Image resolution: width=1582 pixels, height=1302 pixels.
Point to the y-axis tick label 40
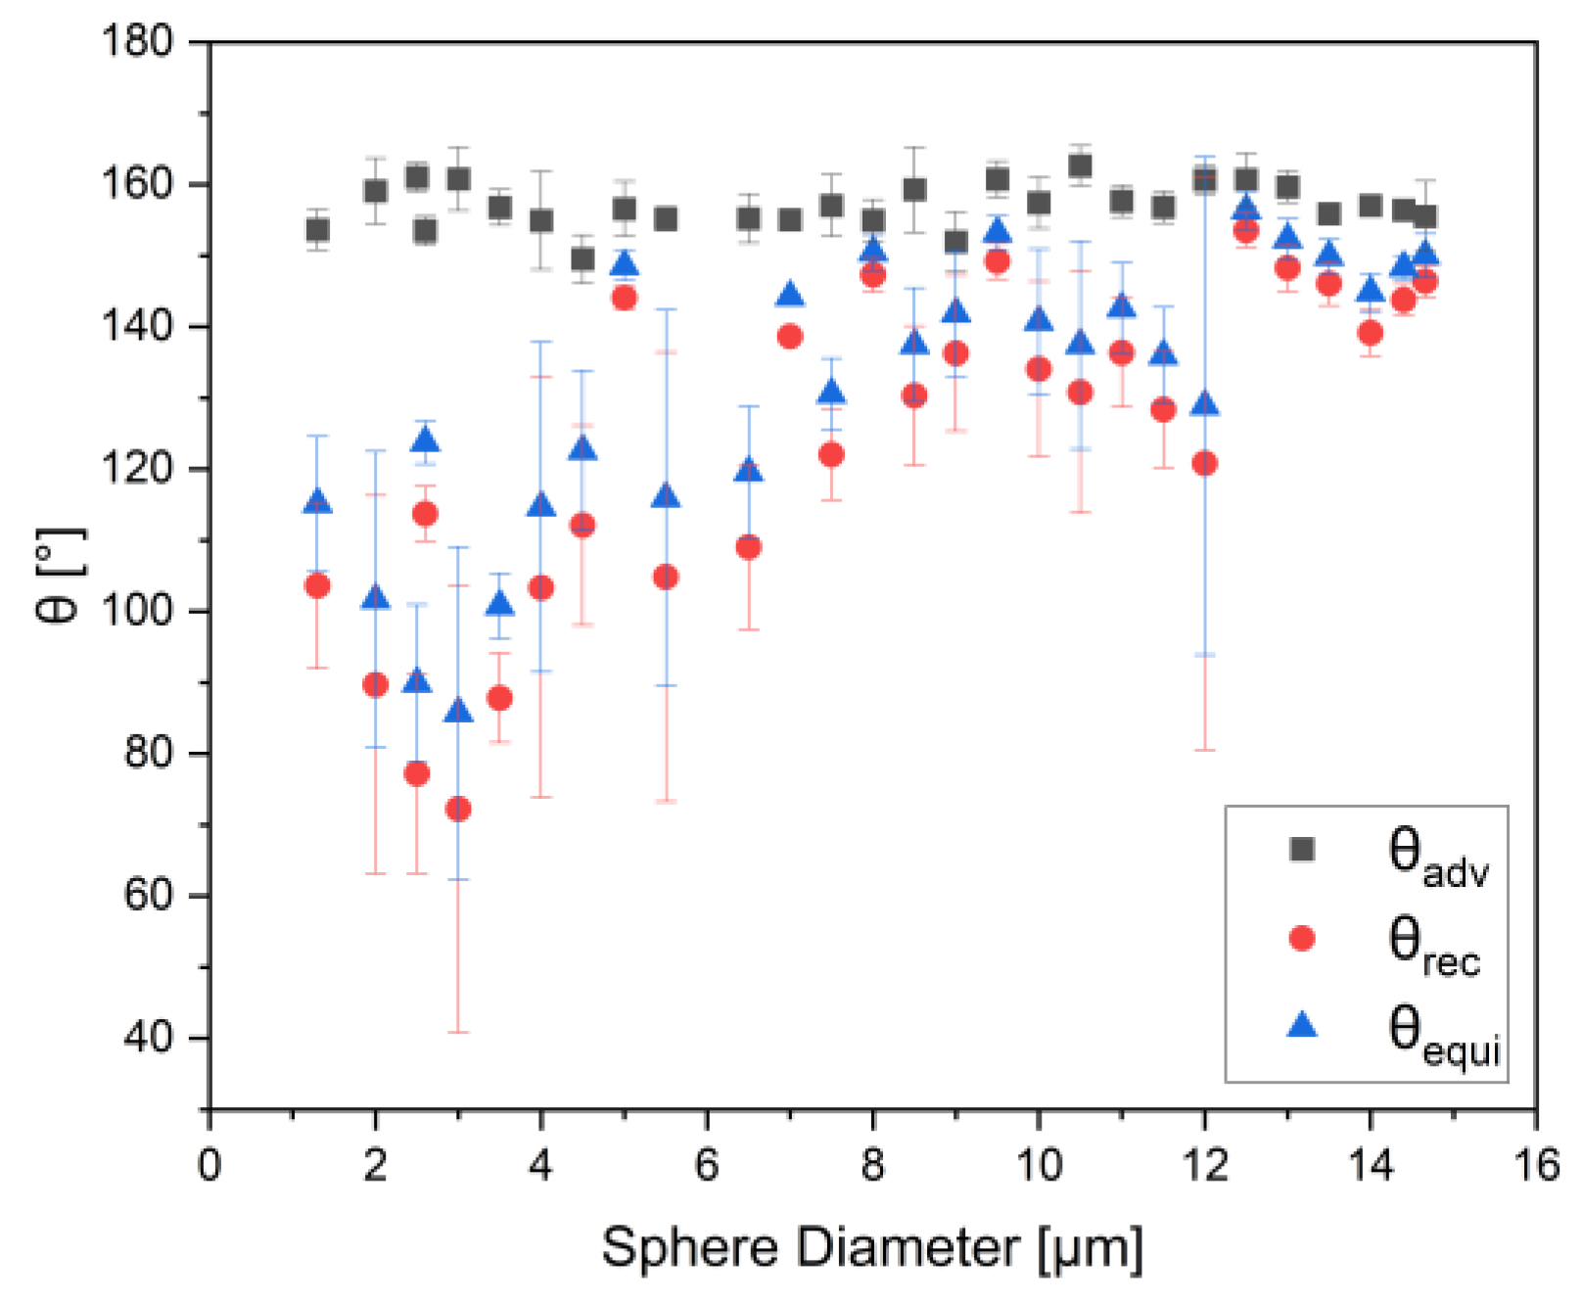click(x=148, y=1038)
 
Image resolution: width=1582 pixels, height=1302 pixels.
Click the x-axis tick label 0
click(x=209, y=1166)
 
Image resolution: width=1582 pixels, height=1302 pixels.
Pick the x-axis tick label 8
click(x=872, y=1166)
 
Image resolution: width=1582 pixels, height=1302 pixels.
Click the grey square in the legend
click(x=1302, y=849)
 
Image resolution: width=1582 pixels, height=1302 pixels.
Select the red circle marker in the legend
click(x=1302, y=938)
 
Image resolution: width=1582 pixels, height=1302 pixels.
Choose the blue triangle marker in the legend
click(x=1302, y=1025)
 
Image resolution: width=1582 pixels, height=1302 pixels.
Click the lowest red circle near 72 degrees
click(x=458, y=809)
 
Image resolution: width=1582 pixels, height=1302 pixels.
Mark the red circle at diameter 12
click(x=1205, y=463)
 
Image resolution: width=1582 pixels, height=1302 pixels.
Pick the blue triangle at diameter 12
click(x=1205, y=404)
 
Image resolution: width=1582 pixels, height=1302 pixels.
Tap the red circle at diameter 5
click(x=624, y=298)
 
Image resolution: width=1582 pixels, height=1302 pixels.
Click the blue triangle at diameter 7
click(x=790, y=295)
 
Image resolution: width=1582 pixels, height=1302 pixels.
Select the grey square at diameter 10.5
click(x=1080, y=165)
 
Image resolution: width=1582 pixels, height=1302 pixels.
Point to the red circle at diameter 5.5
click(x=666, y=577)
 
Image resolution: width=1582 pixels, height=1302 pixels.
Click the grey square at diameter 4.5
click(x=582, y=258)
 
